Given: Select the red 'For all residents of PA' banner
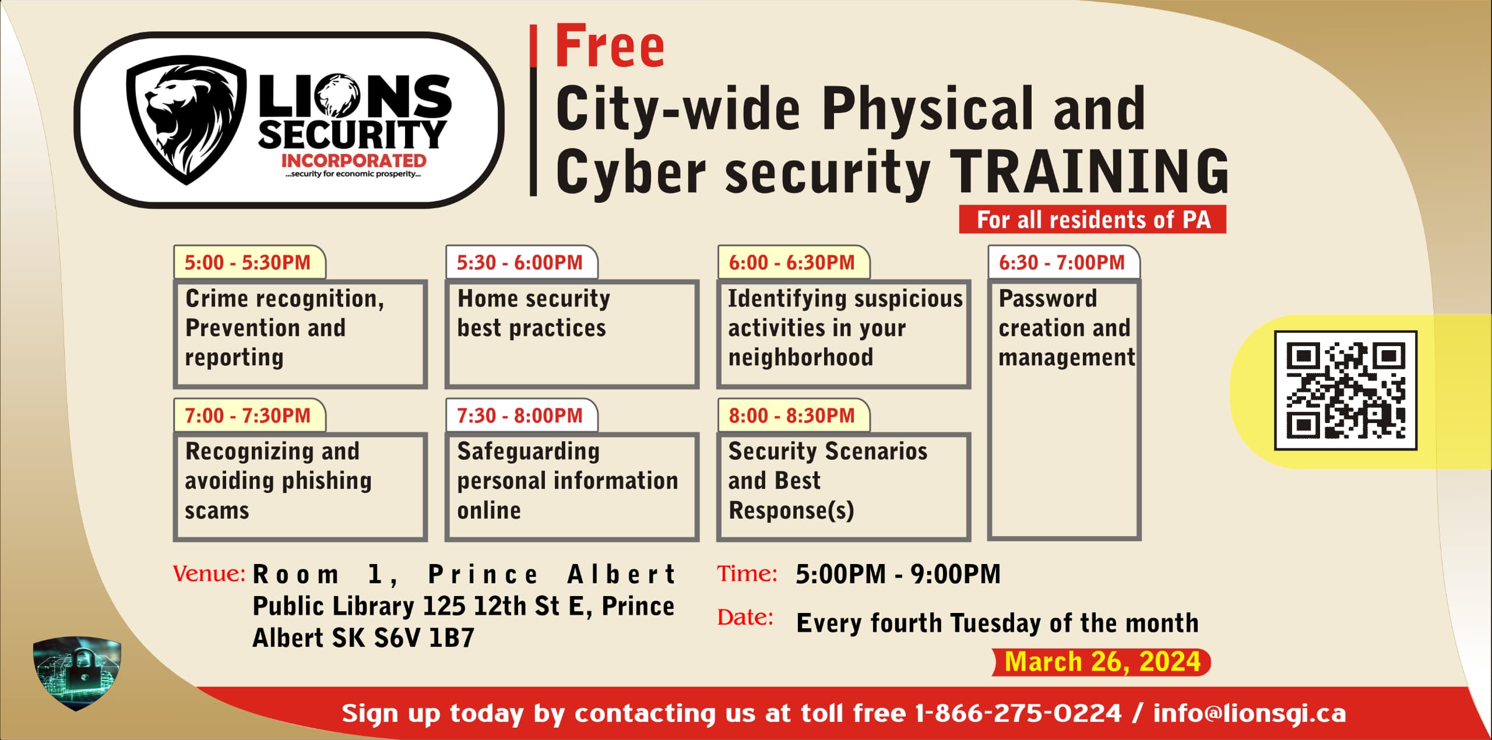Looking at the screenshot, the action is [1093, 220].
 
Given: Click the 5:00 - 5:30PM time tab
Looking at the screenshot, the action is [249, 262].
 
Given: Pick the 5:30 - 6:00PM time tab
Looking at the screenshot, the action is [522, 262].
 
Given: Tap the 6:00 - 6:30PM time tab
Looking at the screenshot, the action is [793, 262].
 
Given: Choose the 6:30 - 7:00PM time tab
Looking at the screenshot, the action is [1064, 262].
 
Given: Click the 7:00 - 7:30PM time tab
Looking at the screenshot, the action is [249, 415].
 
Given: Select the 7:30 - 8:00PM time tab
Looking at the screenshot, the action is [522, 415].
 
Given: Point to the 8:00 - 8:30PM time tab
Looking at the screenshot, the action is [793, 415].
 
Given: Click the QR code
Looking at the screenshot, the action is [1346, 390].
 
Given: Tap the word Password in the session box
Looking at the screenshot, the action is [1048, 298].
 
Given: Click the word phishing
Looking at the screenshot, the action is [326, 481].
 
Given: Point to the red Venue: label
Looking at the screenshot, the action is [209, 574].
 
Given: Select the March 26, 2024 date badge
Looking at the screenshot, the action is [1102, 662].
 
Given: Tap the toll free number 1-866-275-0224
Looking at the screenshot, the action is [1018, 713].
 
